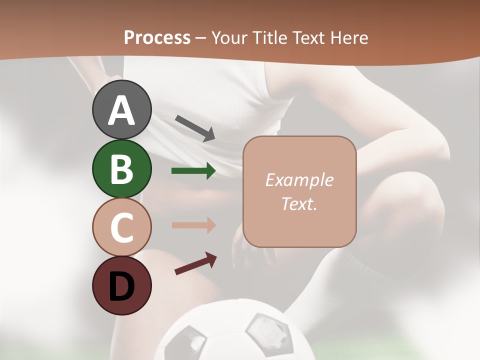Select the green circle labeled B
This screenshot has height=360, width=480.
(x=121, y=168)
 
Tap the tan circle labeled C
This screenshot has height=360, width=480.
(x=121, y=227)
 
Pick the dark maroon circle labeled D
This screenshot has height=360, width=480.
(x=121, y=285)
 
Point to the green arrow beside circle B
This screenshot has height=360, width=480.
(x=193, y=171)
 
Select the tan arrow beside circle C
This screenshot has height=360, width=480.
(x=193, y=225)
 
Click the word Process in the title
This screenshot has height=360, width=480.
(x=157, y=37)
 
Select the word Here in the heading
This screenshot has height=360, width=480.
(x=348, y=37)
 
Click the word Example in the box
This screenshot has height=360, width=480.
(x=299, y=180)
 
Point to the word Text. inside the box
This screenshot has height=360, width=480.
(x=299, y=203)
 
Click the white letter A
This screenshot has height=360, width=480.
(x=121, y=110)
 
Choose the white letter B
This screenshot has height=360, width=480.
(x=121, y=169)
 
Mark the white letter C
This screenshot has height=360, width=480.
(x=121, y=227)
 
